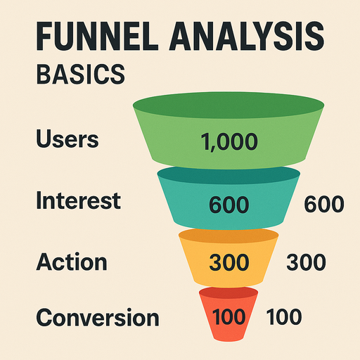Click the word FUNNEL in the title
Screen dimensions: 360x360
tap(97, 37)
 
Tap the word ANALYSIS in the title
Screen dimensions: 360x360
tap(247, 37)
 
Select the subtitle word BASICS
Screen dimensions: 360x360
tap(81, 75)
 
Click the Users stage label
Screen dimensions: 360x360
tap(67, 139)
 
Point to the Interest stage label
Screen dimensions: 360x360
tap(79, 200)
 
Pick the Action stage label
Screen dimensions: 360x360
tap(72, 262)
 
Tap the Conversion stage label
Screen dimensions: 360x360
tap(98, 317)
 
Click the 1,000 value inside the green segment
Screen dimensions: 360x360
tap(229, 142)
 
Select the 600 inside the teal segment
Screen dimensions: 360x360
tap(229, 205)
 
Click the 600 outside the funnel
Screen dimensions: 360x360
tap(324, 204)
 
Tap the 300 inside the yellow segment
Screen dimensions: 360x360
tap(229, 262)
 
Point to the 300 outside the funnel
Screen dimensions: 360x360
tap(306, 262)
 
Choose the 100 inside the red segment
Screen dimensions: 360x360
tap(229, 317)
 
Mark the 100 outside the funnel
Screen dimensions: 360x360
tap(284, 316)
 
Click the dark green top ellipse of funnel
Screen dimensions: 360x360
tap(229, 105)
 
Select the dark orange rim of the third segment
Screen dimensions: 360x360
tap(229, 234)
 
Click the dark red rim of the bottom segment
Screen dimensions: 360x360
tap(229, 292)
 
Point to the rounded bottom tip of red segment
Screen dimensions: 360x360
tap(229, 340)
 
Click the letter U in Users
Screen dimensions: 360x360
tap(44, 139)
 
